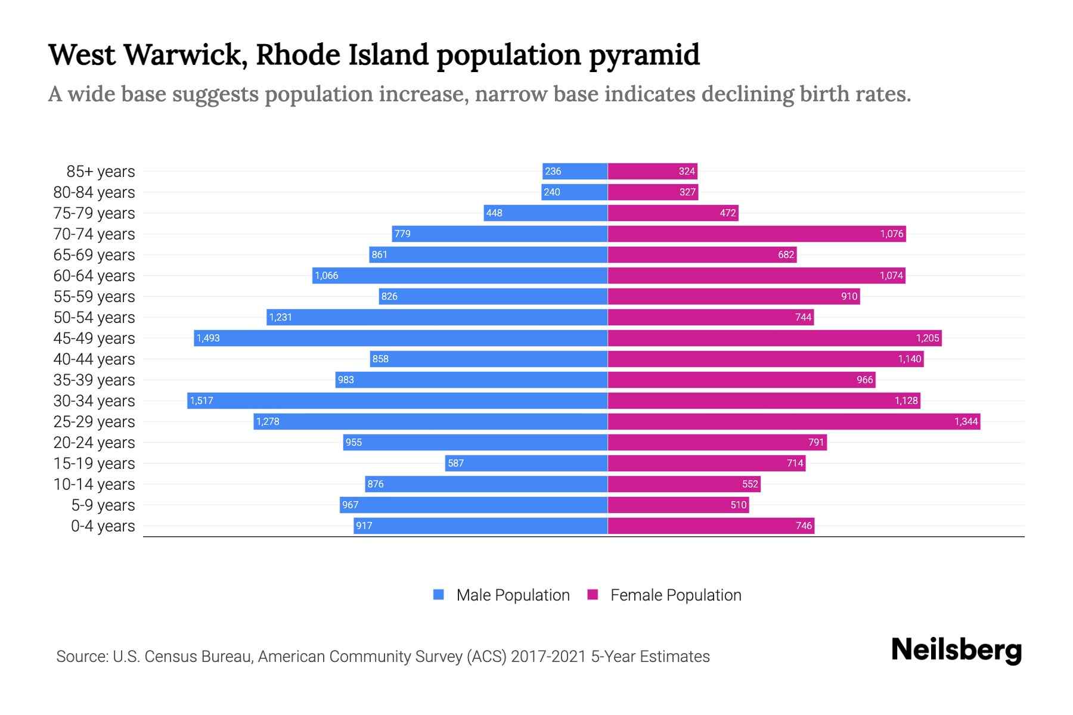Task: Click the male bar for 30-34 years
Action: [398, 400]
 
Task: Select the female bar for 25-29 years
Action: [793, 421]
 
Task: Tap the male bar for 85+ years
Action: [575, 171]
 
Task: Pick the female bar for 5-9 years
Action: [678, 505]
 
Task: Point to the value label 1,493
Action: [208, 338]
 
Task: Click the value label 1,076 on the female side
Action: [891, 234]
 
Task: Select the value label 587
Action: [455, 463]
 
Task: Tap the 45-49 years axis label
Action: [94, 338]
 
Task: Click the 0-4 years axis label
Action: [103, 526]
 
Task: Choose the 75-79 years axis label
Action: [94, 213]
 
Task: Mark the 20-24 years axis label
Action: [94, 442]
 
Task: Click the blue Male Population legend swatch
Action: [439, 595]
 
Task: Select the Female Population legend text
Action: [675, 595]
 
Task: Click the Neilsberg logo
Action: [956, 650]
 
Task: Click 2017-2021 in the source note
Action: [548, 656]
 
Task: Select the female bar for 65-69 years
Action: [702, 254]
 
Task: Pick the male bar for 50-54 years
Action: [437, 317]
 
